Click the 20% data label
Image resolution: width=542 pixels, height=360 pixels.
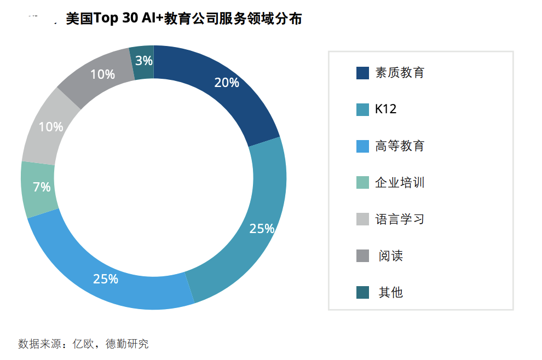(x=227, y=83)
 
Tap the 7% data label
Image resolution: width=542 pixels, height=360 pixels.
(x=42, y=187)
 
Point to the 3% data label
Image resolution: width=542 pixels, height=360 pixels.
(x=144, y=61)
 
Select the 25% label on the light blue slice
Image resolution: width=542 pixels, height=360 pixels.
(x=106, y=279)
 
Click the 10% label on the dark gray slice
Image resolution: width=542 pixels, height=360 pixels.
(x=102, y=74)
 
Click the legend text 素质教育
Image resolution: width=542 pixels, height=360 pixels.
(x=400, y=73)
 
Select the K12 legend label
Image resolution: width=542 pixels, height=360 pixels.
(x=385, y=109)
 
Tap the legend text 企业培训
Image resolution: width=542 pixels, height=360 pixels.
(x=400, y=183)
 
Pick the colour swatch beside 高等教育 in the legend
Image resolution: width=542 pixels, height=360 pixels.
(x=362, y=146)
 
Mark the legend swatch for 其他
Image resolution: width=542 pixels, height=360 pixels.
(x=362, y=293)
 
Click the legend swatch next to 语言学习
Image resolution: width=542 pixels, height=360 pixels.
(x=362, y=219)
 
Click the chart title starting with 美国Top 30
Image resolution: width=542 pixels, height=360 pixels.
(x=183, y=19)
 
